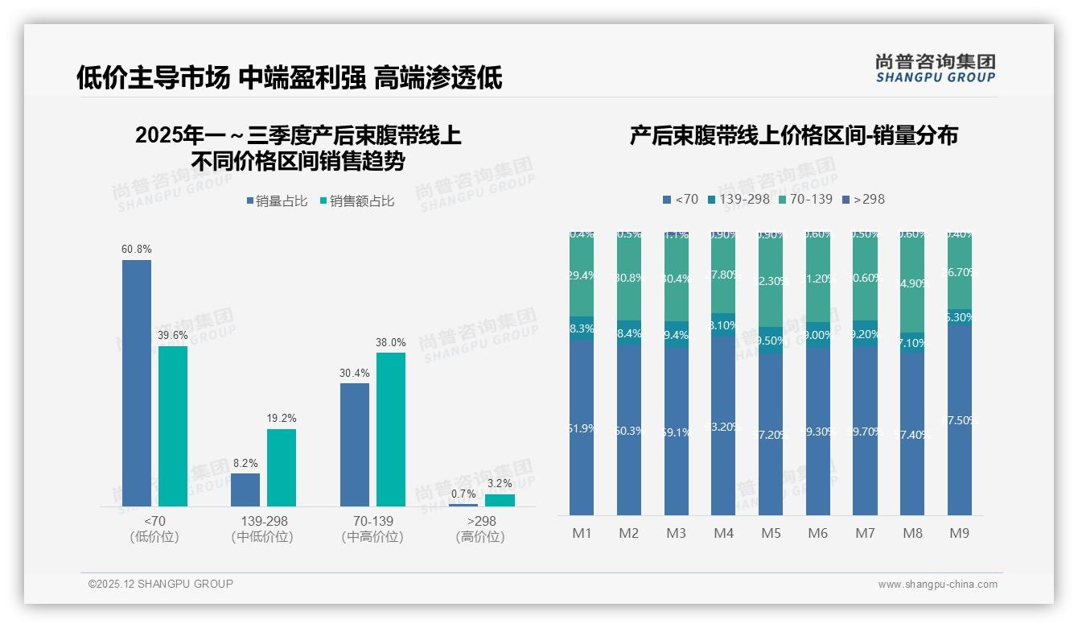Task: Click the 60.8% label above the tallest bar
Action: point(136,249)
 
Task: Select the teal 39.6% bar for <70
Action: point(172,426)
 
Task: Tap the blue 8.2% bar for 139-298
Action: point(245,490)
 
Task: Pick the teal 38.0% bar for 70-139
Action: point(390,429)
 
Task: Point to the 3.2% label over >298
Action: point(499,483)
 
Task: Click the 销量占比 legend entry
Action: point(277,201)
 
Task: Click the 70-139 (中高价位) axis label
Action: point(372,529)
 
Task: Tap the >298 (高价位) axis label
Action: point(481,529)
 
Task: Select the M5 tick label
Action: point(771,533)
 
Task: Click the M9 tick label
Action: point(959,533)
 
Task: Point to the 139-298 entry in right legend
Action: point(738,199)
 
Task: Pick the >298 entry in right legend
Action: point(862,199)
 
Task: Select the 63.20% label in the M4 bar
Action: point(722,427)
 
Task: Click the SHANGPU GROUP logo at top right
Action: point(935,68)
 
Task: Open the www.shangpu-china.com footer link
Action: point(937,585)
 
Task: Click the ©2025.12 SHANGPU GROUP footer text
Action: point(160,584)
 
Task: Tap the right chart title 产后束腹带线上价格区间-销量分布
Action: point(793,135)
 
